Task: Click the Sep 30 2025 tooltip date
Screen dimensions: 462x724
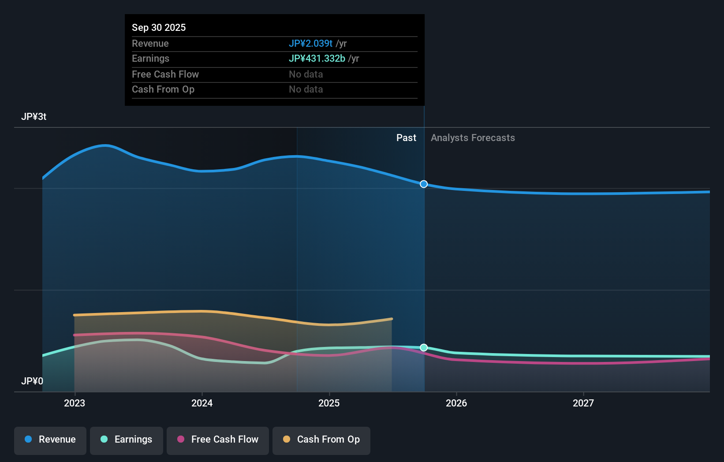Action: point(159,27)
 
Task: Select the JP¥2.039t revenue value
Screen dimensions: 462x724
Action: point(310,43)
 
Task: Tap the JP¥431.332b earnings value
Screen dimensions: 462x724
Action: point(317,58)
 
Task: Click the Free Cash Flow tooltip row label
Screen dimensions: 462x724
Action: point(165,74)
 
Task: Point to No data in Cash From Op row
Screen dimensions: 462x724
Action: point(306,89)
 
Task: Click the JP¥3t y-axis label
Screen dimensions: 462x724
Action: point(34,116)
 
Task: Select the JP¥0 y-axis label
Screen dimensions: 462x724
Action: point(32,381)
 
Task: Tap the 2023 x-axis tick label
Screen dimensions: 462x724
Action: point(75,403)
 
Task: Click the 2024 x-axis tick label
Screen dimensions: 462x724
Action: point(202,403)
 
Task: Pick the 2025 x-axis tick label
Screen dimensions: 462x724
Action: point(329,403)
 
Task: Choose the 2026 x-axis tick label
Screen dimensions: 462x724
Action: point(456,403)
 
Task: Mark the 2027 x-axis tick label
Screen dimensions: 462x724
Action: point(583,403)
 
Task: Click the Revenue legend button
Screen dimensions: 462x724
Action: point(50,440)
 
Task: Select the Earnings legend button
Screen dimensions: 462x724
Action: point(127,440)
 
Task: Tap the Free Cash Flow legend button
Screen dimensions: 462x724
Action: point(218,440)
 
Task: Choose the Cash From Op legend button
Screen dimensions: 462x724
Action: point(321,440)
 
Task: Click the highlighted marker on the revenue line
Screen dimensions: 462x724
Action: point(424,184)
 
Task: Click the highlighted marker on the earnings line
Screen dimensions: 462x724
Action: point(424,347)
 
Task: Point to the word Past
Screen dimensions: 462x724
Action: point(406,138)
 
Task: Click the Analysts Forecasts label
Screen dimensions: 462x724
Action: point(473,138)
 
